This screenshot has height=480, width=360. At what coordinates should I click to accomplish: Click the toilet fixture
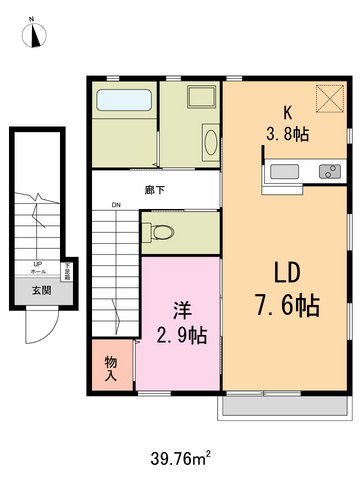tap(162, 233)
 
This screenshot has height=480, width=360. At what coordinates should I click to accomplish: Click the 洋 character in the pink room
tap(180, 308)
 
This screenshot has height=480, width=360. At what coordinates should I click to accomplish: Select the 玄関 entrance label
tap(40, 290)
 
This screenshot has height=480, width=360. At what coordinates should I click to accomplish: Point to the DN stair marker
tap(116, 207)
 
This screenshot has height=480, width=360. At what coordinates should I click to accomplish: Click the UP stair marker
tap(38, 265)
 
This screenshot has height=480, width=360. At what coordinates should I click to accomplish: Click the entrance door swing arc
tap(38, 322)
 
